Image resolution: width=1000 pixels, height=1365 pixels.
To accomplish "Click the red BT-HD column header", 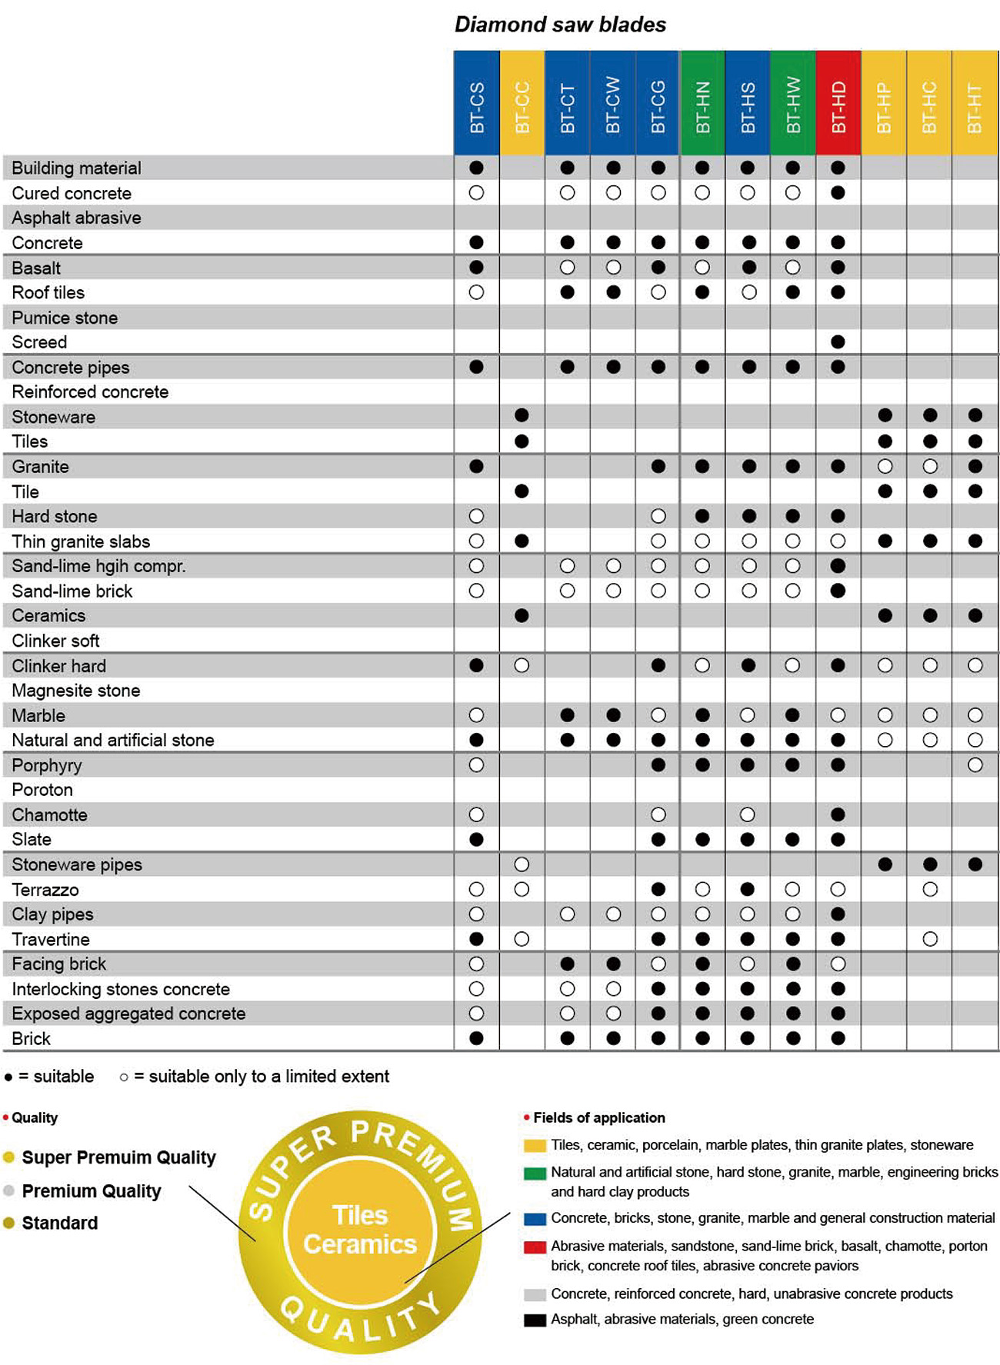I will [x=838, y=104].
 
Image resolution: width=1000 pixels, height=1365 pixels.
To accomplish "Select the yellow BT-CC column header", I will [x=522, y=104].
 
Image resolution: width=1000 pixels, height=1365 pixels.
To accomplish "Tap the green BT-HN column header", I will [x=702, y=104].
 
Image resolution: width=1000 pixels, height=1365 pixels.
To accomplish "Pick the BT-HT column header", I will [x=975, y=104].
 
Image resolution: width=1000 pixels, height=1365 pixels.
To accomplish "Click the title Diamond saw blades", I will [x=560, y=25].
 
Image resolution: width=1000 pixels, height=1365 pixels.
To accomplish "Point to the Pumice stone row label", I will [x=65, y=318].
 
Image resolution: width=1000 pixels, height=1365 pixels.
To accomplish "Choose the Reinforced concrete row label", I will [x=90, y=391].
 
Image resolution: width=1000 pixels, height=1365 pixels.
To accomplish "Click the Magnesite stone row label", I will [x=75, y=691].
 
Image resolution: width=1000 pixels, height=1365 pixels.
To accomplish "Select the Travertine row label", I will [x=51, y=939].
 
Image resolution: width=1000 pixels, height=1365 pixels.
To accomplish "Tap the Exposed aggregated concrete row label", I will [x=128, y=1014].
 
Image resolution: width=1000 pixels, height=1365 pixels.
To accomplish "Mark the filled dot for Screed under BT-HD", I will [x=838, y=341].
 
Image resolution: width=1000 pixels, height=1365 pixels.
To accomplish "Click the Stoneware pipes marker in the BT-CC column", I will [x=522, y=864].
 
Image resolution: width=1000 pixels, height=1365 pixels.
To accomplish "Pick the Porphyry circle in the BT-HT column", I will [x=975, y=765].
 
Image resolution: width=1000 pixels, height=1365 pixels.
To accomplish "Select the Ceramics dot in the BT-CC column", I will [x=522, y=615].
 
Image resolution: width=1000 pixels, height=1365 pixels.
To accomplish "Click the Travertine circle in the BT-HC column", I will [x=929, y=939].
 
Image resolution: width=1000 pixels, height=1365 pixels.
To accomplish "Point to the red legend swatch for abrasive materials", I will [x=535, y=1247].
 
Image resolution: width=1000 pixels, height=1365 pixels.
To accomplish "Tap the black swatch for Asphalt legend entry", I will [x=535, y=1320].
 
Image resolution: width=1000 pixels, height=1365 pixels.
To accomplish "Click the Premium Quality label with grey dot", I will [x=91, y=1191].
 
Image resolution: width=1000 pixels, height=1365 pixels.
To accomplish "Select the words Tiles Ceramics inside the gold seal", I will [x=360, y=1230].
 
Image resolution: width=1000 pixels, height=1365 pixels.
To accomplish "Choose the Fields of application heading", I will [x=598, y=1117].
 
